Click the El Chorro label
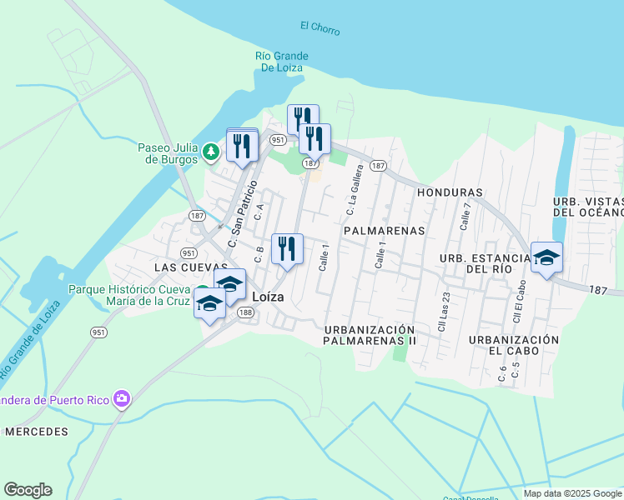(320, 27)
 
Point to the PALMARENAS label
(385, 229)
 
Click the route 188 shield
(245, 312)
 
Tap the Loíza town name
(268, 296)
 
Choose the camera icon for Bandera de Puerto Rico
(123, 399)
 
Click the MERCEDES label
(36, 432)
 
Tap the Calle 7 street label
(465, 215)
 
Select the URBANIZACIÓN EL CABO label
(513, 345)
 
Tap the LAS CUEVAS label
(191, 267)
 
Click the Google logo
(28, 490)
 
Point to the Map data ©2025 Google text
(572, 493)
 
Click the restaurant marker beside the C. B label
(287, 247)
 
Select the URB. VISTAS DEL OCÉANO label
(588, 207)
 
